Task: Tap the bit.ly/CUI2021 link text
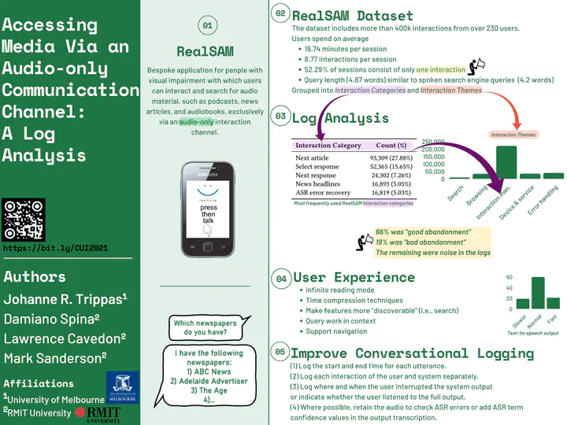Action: click(56, 248)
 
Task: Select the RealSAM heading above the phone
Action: click(205, 52)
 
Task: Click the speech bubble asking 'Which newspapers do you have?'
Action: click(206, 327)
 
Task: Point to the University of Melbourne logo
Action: click(122, 386)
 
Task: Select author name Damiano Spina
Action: click(51, 319)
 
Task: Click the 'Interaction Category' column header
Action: click(328, 146)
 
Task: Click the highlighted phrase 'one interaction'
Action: click(441, 69)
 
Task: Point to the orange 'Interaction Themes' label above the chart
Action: click(514, 135)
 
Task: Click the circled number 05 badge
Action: click(280, 351)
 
